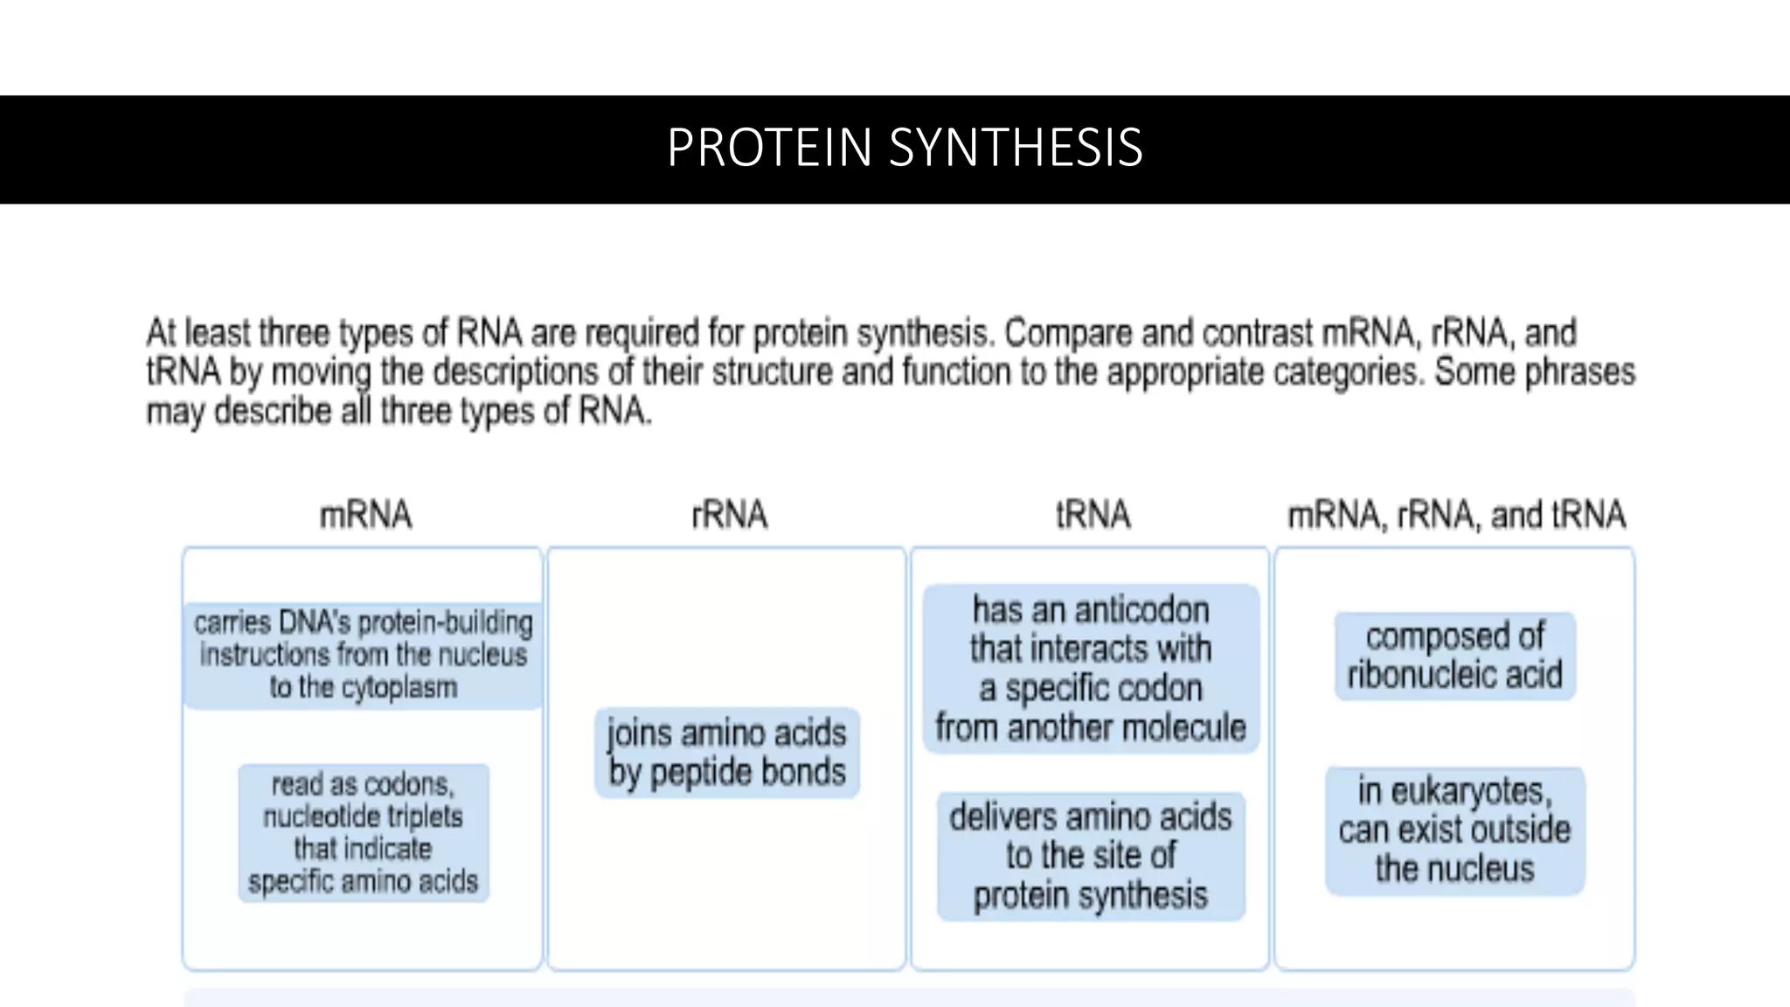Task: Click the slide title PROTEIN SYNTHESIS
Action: pos(905,148)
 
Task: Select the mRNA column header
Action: pos(365,515)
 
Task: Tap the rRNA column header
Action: pos(729,515)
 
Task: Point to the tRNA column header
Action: pos(1093,515)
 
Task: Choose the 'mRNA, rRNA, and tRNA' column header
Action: pos(1456,515)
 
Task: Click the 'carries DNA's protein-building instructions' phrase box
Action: pos(363,655)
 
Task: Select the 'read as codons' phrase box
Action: pos(363,832)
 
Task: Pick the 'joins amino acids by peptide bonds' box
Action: pos(726,753)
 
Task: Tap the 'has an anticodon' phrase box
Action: pos(1091,669)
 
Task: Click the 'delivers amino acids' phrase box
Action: pos(1091,856)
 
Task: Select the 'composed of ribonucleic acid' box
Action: pos(1454,656)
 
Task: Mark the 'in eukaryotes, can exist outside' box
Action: pos(1454,830)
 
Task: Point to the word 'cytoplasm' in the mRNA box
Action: pos(399,688)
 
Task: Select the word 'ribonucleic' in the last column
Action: pos(1421,675)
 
